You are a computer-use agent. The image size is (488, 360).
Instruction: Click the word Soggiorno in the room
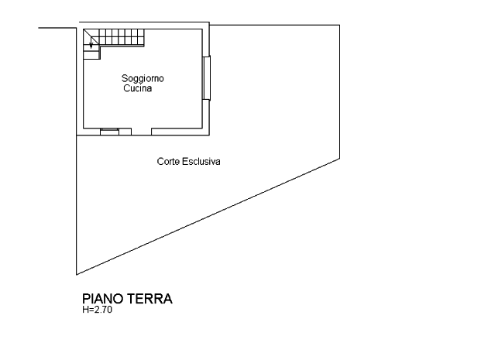click(143, 79)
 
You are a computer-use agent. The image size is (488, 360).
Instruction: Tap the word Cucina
click(138, 89)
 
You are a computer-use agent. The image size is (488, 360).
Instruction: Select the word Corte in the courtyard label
click(168, 161)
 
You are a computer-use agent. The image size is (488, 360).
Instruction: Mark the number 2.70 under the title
click(103, 310)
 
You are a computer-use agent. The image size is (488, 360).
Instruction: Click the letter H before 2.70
click(85, 310)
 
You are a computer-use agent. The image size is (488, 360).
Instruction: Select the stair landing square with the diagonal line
click(91, 42)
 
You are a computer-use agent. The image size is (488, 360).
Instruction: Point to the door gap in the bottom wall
click(141, 132)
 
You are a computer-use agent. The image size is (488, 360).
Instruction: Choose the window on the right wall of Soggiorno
click(205, 77)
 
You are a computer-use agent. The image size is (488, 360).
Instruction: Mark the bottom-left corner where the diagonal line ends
click(77, 274)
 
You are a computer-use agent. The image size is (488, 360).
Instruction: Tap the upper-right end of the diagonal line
click(339, 159)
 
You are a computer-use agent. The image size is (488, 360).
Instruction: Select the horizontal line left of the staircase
click(58, 28)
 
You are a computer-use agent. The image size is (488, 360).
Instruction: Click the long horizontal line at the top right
click(275, 25)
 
